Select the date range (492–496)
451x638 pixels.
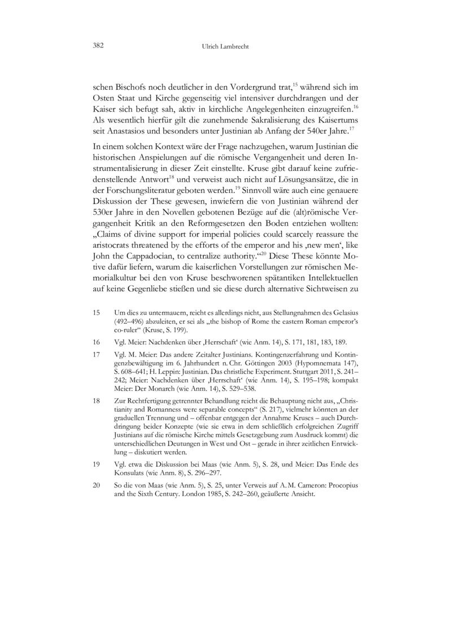(130, 320)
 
